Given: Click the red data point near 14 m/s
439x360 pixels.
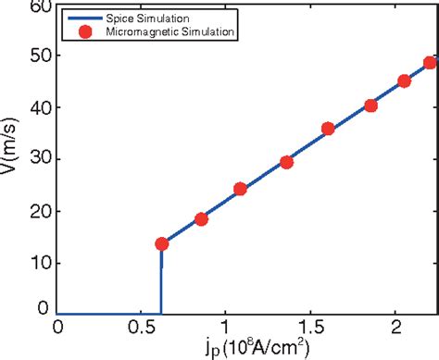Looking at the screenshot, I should pyautogui.click(x=161, y=243).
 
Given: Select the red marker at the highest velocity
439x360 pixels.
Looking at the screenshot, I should pyautogui.click(x=430, y=63).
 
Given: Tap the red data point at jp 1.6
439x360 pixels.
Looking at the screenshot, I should pyautogui.click(x=328, y=129).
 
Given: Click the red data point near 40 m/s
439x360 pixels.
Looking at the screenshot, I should pyautogui.click(x=370, y=106).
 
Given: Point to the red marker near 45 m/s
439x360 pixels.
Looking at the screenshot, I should pyautogui.click(x=404, y=81).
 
